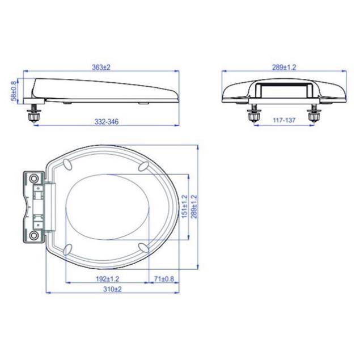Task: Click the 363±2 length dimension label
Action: click(x=101, y=67)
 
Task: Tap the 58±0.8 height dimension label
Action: click(x=14, y=91)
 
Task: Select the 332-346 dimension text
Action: click(x=107, y=121)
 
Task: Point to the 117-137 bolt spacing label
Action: click(x=284, y=120)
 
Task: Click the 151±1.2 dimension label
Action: click(x=184, y=206)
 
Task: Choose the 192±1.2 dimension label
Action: click(x=108, y=279)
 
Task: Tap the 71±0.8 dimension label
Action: click(x=164, y=279)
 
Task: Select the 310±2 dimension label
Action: click(x=112, y=289)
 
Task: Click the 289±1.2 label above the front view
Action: click(x=284, y=67)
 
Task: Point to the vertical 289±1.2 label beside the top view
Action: click(x=194, y=206)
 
